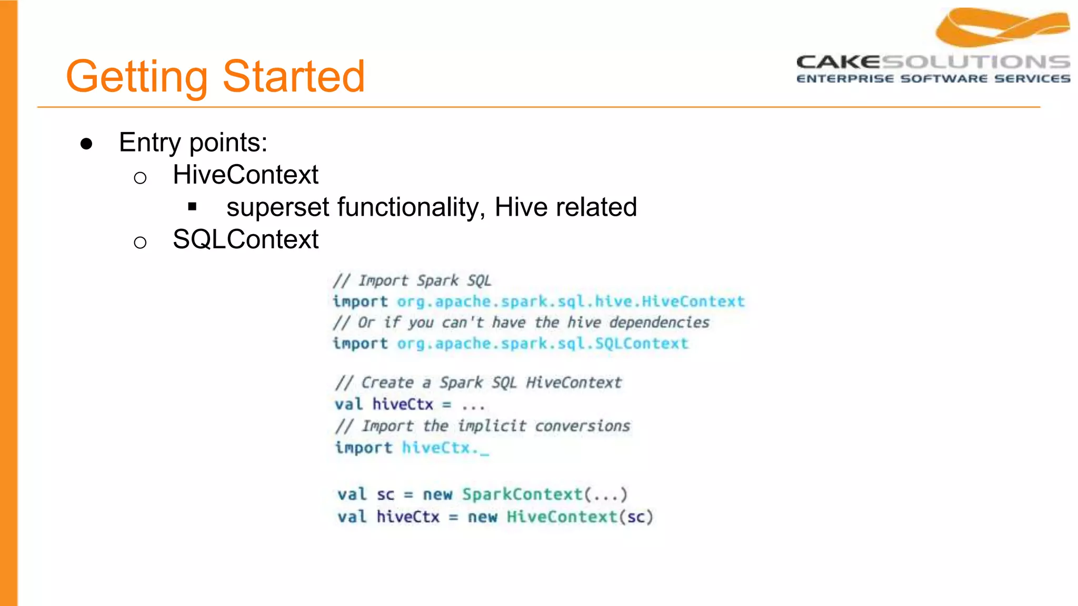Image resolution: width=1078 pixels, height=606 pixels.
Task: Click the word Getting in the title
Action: [x=137, y=77]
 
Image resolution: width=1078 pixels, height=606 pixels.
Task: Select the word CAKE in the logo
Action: [x=838, y=62]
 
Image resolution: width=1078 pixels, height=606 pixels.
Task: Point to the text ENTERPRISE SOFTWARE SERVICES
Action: [x=933, y=79]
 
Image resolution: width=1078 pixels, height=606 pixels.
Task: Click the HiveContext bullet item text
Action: [x=245, y=175]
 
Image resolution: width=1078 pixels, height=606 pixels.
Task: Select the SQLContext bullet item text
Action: [x=245, y=239]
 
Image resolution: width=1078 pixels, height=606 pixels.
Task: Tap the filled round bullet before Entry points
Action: [x=87, y=144]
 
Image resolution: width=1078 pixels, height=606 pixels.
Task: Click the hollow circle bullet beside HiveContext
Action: [x=140, y=178]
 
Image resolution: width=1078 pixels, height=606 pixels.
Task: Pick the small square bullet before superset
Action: [x=192, y=207]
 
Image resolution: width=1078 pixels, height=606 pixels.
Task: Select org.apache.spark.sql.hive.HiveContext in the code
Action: [x=571, y=301]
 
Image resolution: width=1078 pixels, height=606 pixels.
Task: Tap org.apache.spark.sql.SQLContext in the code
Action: [x=542, y=344]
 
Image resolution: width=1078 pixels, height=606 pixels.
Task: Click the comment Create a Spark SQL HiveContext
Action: [x=478, y=382]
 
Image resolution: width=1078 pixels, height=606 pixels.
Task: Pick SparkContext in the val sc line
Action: [x=522, y=494]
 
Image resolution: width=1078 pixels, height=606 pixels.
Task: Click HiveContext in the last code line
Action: [x=562, y=517]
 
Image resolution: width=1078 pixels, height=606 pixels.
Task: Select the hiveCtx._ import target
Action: [x=445, y=448]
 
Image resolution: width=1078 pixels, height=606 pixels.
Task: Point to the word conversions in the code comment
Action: [x=582, y=426]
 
